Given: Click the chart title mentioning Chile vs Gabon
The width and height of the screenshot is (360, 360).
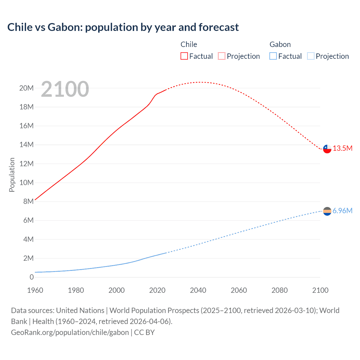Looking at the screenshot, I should pyautogui.click(x=123, y=27).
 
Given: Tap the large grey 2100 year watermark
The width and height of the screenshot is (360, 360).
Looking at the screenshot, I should pyautogui.click(x=65, y=89).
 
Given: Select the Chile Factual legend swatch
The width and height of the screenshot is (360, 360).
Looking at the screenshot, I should pyautogui.click(x=184, y=56).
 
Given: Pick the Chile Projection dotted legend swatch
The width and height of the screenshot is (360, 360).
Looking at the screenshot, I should pyautogui.click(x=222, y=56).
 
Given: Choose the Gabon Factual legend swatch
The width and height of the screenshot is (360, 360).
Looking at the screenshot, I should pyautogui.click(x=273, y=56).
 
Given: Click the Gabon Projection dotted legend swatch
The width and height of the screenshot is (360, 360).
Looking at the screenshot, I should pyautogui.click(x=310, y=56).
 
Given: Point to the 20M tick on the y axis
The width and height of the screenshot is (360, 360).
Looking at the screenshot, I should pyautogui.click(x=26, y=88).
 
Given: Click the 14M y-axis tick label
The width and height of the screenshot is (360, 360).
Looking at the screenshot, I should pyautogui.click(x=26, y=145).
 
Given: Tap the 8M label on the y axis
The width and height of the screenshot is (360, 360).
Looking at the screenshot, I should pyautogui.click(x=28, y=201).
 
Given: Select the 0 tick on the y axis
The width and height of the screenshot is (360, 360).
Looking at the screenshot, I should pyautogui.click(x=31, y=277).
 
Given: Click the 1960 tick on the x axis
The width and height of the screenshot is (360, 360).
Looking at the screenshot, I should pyautogui.click(x=35, y=290).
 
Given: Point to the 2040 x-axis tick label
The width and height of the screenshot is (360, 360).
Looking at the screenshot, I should pyautogui.click(x=198, y=290).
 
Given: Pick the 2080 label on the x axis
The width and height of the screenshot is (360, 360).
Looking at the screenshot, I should pyautogui.click(x=280, y=290).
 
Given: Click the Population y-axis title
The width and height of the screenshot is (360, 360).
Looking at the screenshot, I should pyautogui.click(x=12, y=175).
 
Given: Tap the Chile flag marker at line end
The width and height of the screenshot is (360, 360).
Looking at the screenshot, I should pyautogui.click(x=327, y=149).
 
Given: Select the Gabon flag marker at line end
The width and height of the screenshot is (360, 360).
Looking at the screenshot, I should pyautogui.click(x=327, y=211).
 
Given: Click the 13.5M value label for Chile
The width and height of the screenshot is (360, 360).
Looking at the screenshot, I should pyautogui.click(x=343, y=148).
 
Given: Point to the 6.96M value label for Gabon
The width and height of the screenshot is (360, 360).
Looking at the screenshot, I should pyautogui.click(x=343, y=211).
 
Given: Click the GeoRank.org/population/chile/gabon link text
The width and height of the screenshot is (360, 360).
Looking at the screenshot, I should pyautogui.click(x=70, y=332).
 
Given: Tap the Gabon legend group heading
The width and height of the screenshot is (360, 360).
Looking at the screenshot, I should pyautogui.click(x=280, y=44).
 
